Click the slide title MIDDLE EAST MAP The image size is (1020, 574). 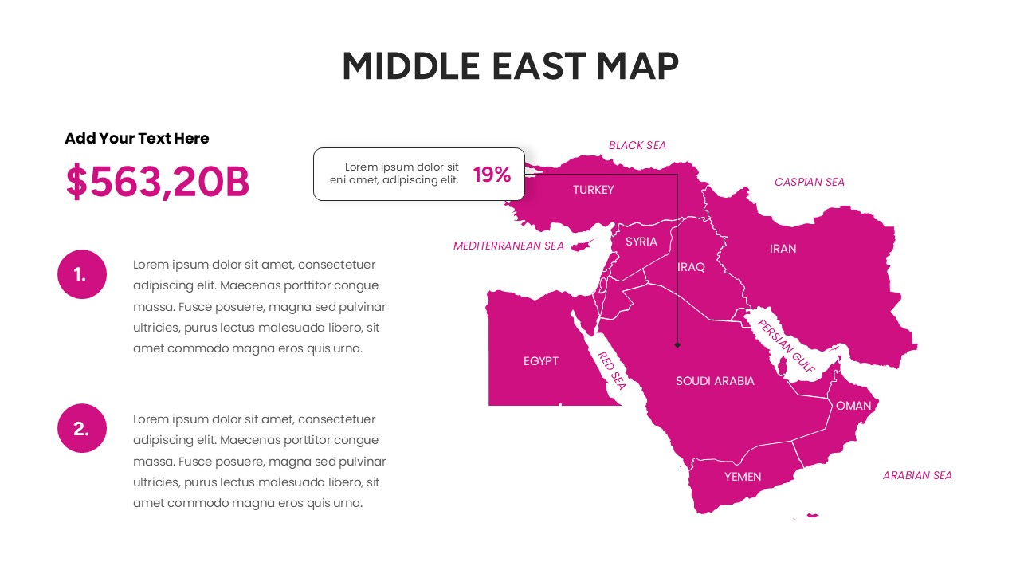pos(510,66)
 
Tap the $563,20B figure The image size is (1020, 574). pos(158,182)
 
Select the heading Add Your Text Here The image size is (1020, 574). pos(137,139)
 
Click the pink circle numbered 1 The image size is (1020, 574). pos(82,274)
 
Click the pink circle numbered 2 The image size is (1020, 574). pos(82,428)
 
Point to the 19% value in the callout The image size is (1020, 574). pos(492,175)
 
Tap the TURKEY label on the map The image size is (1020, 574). pos(594,190)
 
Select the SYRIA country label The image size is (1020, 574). pos(641,242)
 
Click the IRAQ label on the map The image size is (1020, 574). pos(692,267)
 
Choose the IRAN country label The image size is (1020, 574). pos(783,249)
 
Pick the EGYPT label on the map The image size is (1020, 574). pos(541,361)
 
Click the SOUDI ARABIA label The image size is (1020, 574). pos(715,381)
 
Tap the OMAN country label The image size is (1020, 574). pos(853,406)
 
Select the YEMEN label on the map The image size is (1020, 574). pos(743,477)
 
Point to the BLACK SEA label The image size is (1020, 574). pos(637,145)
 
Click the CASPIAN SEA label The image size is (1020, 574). pos(809,182)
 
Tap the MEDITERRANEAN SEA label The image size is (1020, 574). pos(508,246)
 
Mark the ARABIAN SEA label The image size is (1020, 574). pos(917,475)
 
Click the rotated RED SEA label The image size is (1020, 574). pos(612,371)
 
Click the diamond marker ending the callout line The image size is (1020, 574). pos(677,345)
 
